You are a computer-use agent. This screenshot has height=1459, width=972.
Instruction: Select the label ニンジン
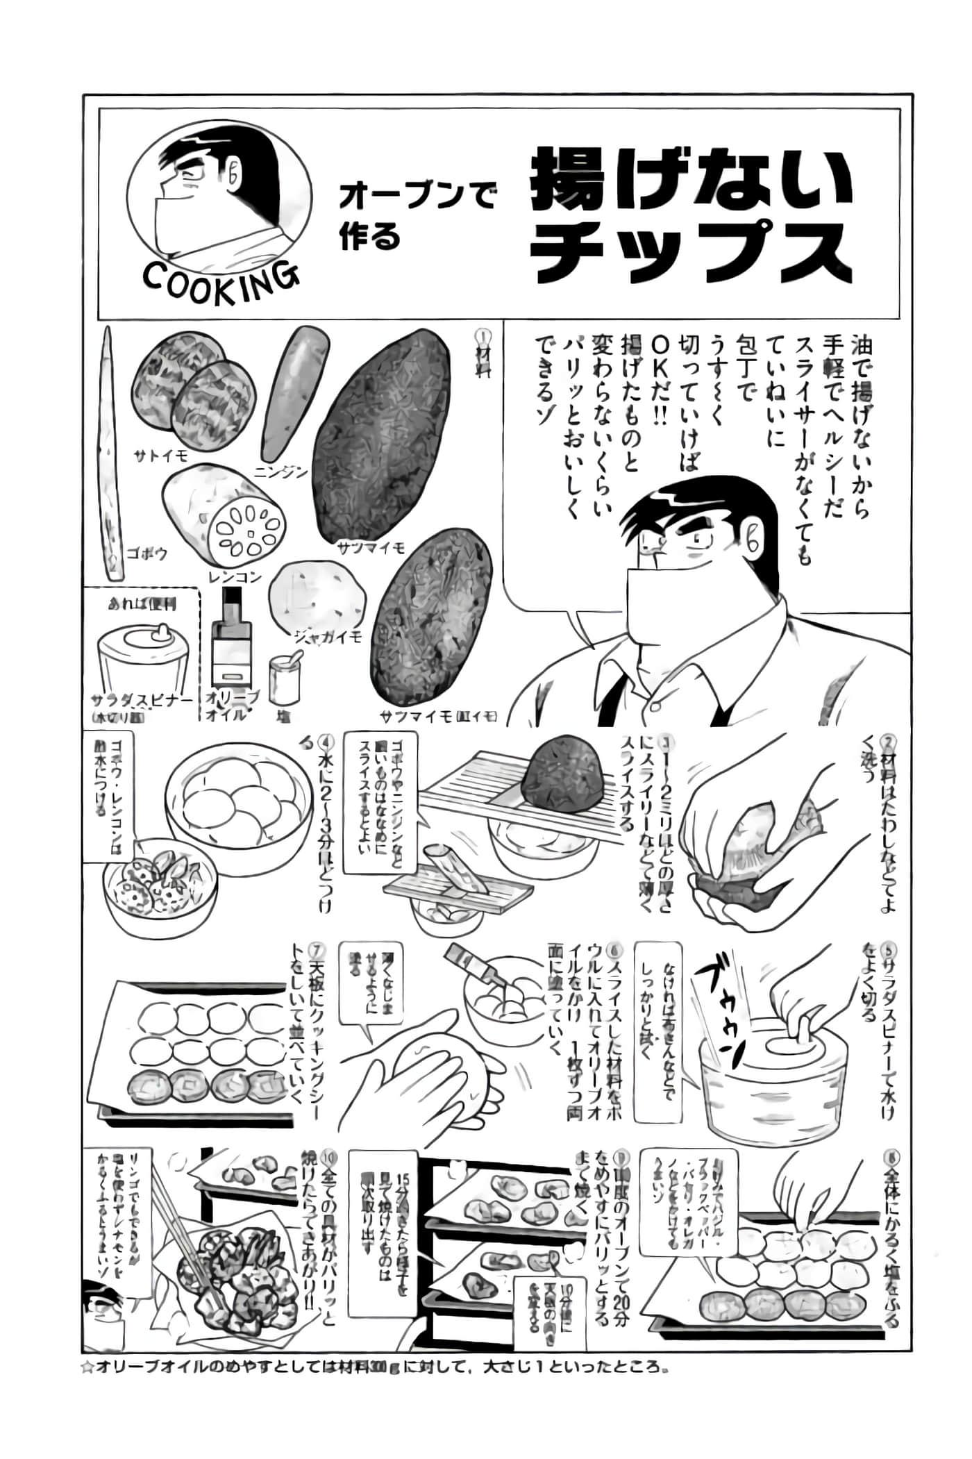click(280, 473)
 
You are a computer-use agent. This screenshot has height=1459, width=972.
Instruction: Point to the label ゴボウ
click(147, 553)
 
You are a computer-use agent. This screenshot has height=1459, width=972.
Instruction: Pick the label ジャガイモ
click(328, 636)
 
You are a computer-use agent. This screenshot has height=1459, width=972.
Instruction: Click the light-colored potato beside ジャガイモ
click(317, 597)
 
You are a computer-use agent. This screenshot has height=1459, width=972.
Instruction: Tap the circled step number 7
click(317, 949)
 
